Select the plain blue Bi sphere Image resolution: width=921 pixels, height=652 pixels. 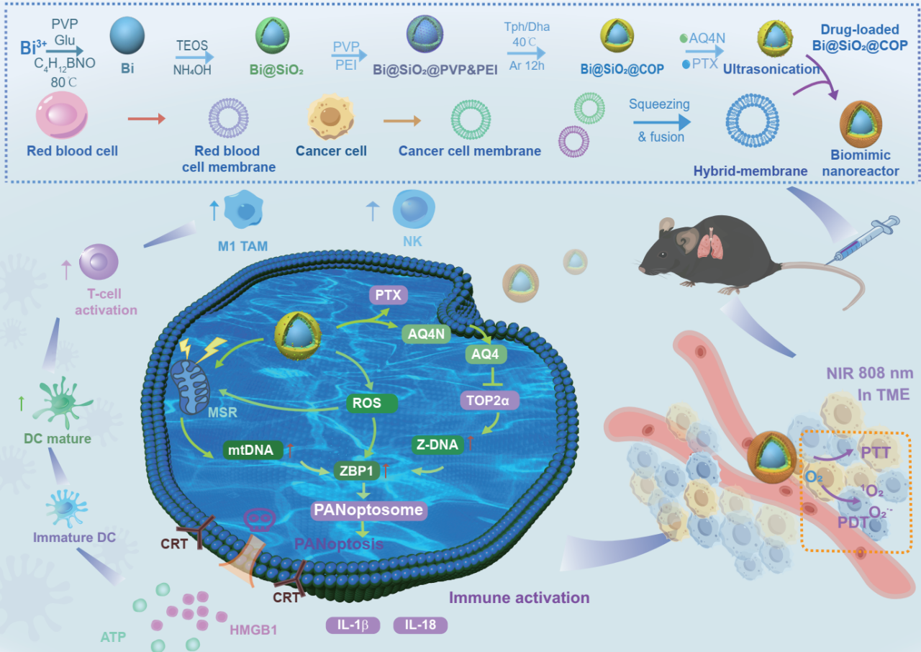coord(127,37)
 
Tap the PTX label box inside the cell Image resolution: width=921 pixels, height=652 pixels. coord(389,294)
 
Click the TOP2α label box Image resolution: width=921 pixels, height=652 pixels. coord(489,400)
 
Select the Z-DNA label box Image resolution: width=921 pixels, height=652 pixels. coord(437,444)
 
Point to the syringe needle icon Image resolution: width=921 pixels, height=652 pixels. coord(863,235)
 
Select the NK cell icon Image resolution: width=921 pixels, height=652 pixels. coord(412,208)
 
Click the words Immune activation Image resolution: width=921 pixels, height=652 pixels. coord(519,597)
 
